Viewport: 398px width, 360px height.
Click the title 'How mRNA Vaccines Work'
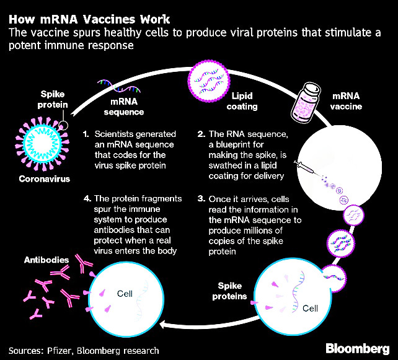tap(89, 20)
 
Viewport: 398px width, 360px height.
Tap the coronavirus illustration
tap(42, 144)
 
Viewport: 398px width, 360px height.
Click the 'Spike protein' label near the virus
tap(53, 100)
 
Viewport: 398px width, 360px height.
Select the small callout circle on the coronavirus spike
tap(63, 125)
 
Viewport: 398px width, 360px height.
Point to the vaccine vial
tap(306, 101)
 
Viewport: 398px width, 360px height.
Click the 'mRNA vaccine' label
tap(346, 101)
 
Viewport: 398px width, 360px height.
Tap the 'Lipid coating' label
tap(242, 101)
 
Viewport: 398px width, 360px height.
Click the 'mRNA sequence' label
tap(124, 107)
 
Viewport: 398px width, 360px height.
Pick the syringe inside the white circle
tap(304, 167)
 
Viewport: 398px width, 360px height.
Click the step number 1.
tap(86, 134)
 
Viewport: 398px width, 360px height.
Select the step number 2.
tap(201, 134)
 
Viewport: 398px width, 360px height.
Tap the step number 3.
tap(201, 199)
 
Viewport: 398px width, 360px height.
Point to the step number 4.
tap(87, 198)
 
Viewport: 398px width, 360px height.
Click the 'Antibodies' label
tap(46, 260)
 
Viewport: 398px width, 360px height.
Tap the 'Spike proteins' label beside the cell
tap(229, 291)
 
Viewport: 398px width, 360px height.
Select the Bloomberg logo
tap(357, 349)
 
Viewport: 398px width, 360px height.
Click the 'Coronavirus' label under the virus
tap(45, 179)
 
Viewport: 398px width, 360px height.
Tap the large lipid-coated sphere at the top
tap(209, 81)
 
